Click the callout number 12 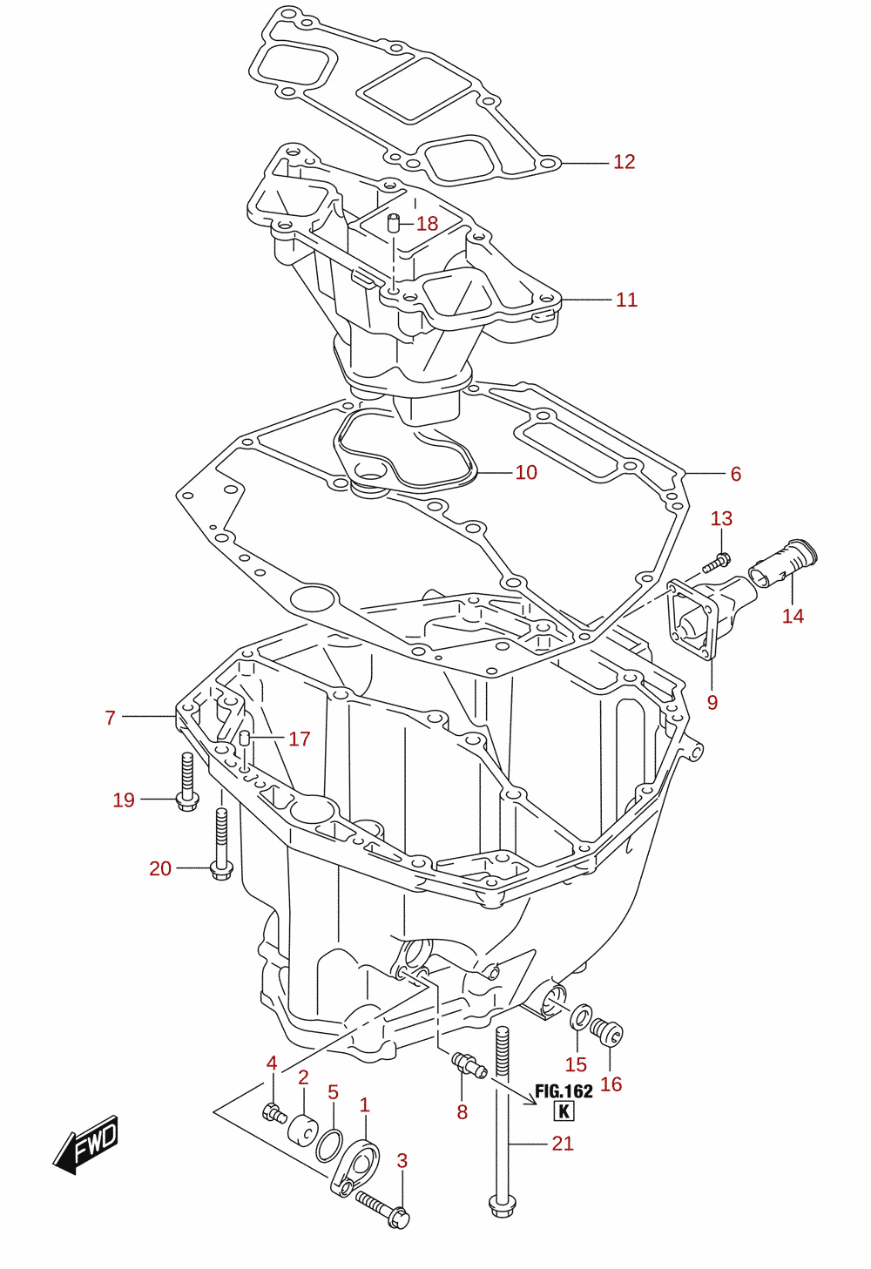(624, 162)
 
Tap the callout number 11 (626, 300)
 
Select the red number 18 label (428, 224)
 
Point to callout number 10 (526, 472)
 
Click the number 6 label (736, 474)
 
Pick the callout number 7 (111, 718)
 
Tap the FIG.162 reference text (564, 1091)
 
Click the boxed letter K (564, 1111)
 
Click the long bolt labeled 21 (502, 1124)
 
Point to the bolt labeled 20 (221, 844)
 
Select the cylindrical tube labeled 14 (783, 564)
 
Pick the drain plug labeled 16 (607, 1029)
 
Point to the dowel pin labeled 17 (245, 739)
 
